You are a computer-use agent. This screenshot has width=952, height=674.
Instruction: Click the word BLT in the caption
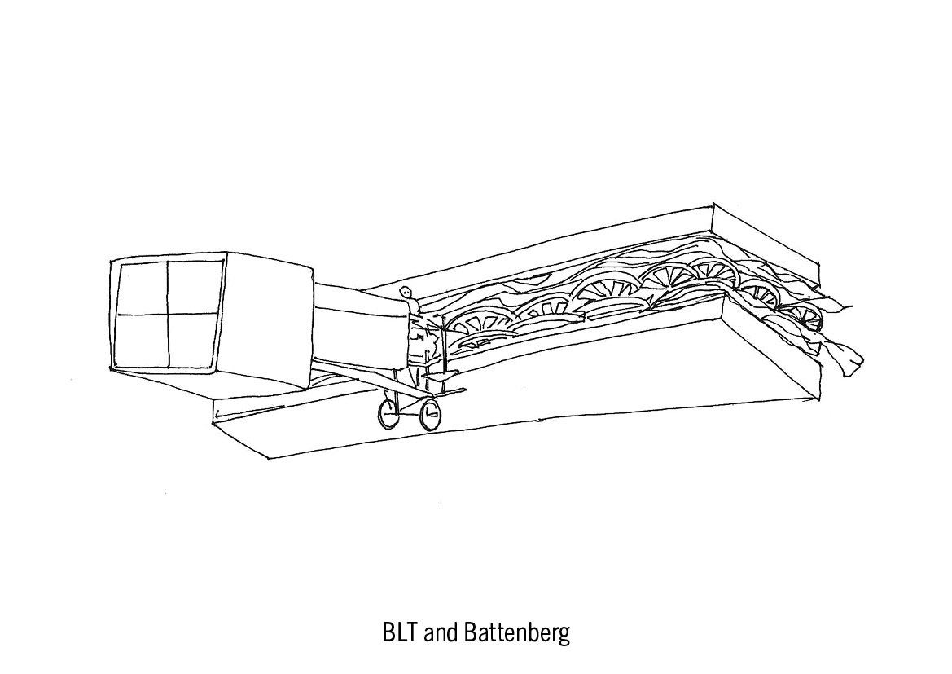(400, 633)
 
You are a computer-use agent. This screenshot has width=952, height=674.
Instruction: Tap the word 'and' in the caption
(442, 633)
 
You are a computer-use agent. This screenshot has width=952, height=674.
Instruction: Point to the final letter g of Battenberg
(564, 636)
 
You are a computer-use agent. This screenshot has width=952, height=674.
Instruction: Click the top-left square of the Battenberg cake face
(143, 287)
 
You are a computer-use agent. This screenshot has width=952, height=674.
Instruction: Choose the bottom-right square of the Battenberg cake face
(193, 341)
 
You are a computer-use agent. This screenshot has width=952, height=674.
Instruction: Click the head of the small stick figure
(406, 293)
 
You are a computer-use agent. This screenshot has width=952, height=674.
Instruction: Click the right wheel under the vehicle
(429, 416)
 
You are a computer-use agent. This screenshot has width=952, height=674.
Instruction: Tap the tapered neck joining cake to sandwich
(358, 326)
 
